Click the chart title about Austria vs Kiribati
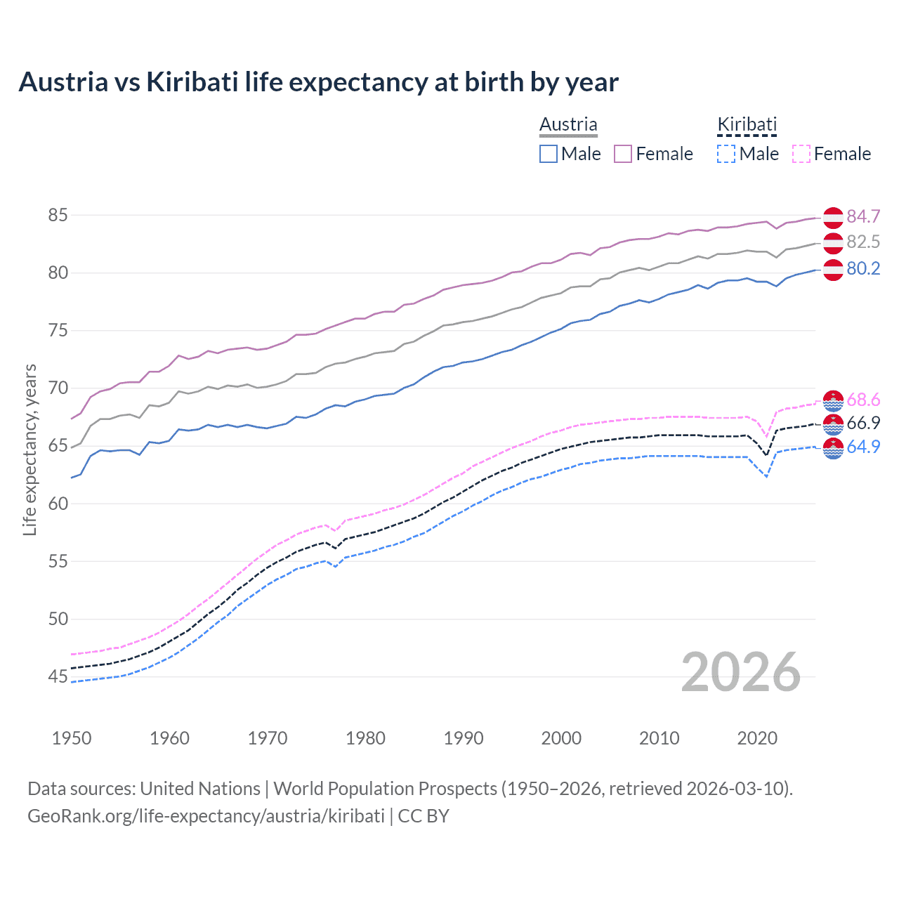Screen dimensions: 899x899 click(318, 82)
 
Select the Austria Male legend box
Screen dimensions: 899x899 click(549, 154)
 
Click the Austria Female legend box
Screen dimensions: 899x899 click(623, 154)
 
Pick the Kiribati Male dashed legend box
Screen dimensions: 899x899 click(726, 154)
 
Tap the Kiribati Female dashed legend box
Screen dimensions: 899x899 click(801, 154)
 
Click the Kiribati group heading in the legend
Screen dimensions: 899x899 click(747, 125)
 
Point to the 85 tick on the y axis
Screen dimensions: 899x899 click(58, 215)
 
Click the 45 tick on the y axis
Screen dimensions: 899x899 click(58, 677)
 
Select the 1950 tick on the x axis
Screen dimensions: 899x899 click(72, 738)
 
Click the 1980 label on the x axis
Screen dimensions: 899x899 click(365, 738)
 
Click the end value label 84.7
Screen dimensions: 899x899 click(863, 216)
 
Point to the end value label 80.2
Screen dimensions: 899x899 click(863, 269)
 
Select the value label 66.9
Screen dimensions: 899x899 click(863, 423)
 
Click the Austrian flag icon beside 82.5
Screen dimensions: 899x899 click(833, 243)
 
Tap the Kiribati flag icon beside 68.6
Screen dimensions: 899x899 click(833, 400)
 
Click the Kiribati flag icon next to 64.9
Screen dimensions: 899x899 click(833, 448)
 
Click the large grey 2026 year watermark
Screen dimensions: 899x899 click(740, 672)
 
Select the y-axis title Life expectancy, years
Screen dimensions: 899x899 click(29, 449)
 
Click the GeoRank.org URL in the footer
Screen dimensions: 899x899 click(206, 816)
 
